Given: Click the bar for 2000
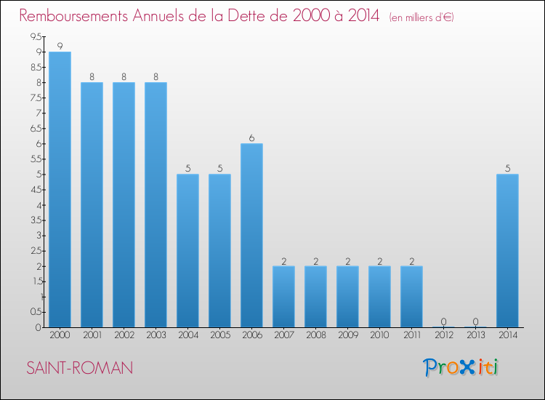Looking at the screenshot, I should pyautogui.click(x=60, y=189).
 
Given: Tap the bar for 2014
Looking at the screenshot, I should pyautogui.click(x=507, y=250).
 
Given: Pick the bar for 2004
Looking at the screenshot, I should pyautogui.click(x=187, y=250).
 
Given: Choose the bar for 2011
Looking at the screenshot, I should pyautogui.click(x=411, y=296).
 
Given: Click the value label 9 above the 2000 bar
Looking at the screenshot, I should pyautogui.click(x=60, y=46).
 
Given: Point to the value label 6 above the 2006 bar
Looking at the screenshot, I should pyautogui.click(x=251, y=138).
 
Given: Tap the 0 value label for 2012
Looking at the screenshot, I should pyautogui.click(x=443, y=321).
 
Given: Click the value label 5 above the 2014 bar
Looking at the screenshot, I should pyautogui.click(x=507, y=169).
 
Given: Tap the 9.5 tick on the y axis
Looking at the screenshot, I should pyautogui.click(x=35, y=36).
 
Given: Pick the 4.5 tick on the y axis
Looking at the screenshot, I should pyautogui.click(x=35, y=189).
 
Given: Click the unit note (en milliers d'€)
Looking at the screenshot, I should pyautogui.click(x=421, y=17).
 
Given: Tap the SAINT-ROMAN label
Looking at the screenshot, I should pyautogui.click(x=80, y=368).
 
